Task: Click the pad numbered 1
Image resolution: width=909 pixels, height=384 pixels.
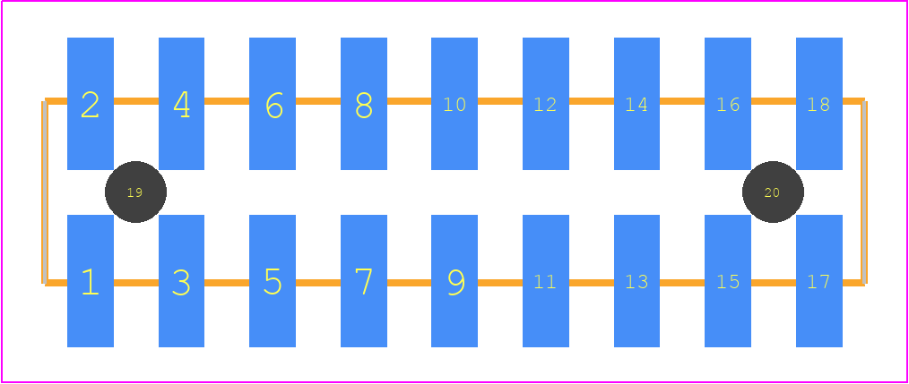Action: tap(91, 281)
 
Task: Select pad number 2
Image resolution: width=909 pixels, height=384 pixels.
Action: tap(91, 104)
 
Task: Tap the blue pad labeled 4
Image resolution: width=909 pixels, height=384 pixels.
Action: tap(181, 104)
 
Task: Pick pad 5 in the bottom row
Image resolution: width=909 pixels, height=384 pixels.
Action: tap(273, 281)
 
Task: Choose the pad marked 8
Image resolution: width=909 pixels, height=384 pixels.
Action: tap(364, 104)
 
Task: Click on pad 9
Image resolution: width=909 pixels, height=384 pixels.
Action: tap(454, 281)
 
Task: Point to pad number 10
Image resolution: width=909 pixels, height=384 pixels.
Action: tap(454, 104)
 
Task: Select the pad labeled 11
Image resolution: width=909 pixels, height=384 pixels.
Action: tap(546, 281)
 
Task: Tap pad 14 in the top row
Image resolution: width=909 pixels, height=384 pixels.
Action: tap(636, 104)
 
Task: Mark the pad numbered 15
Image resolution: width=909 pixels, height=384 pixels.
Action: tap(728, 281)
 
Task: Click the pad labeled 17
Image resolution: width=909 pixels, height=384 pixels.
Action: tap(819, 281)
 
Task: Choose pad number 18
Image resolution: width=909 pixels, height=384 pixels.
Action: tap(819, 104)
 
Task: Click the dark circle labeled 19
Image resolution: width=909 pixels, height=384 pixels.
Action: tap(135, 192)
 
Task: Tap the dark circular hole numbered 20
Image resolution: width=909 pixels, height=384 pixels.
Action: tap(773, 192)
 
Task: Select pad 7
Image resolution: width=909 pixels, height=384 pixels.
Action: tap(364, 281)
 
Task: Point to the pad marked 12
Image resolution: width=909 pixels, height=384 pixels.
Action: tap(546, 104)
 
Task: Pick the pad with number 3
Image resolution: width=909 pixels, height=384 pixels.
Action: tap(181, 281)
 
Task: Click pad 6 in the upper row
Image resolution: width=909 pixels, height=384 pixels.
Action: tap(273, 104)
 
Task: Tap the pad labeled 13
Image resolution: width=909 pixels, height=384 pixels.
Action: tap(636, 281)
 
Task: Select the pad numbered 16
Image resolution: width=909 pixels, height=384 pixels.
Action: tap(728, 104)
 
